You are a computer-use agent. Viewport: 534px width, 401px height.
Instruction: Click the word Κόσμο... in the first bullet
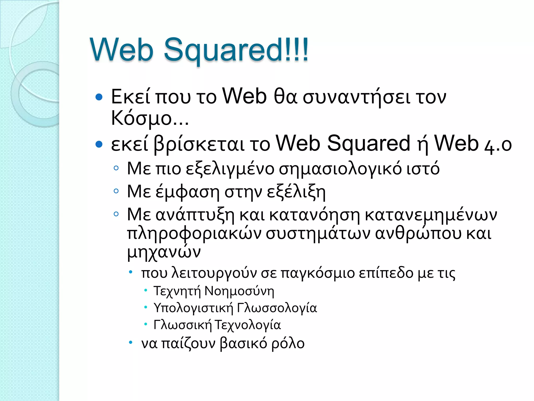tap(150, 118)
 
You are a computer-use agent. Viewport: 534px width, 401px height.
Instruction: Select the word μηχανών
tap(164, 252)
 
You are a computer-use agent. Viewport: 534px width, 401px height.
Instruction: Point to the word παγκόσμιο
tap(318, 273)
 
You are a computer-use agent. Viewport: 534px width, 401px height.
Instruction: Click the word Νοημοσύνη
tap(239, 291)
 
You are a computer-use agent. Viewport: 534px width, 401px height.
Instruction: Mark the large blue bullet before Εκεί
tap(99, 97)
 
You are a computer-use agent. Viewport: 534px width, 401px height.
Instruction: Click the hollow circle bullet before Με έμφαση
tap(116, 191)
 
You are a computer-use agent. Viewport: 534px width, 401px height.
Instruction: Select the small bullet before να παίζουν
tap(131, 342)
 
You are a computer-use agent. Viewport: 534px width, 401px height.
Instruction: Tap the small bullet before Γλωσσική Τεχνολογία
tap(146, 324)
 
